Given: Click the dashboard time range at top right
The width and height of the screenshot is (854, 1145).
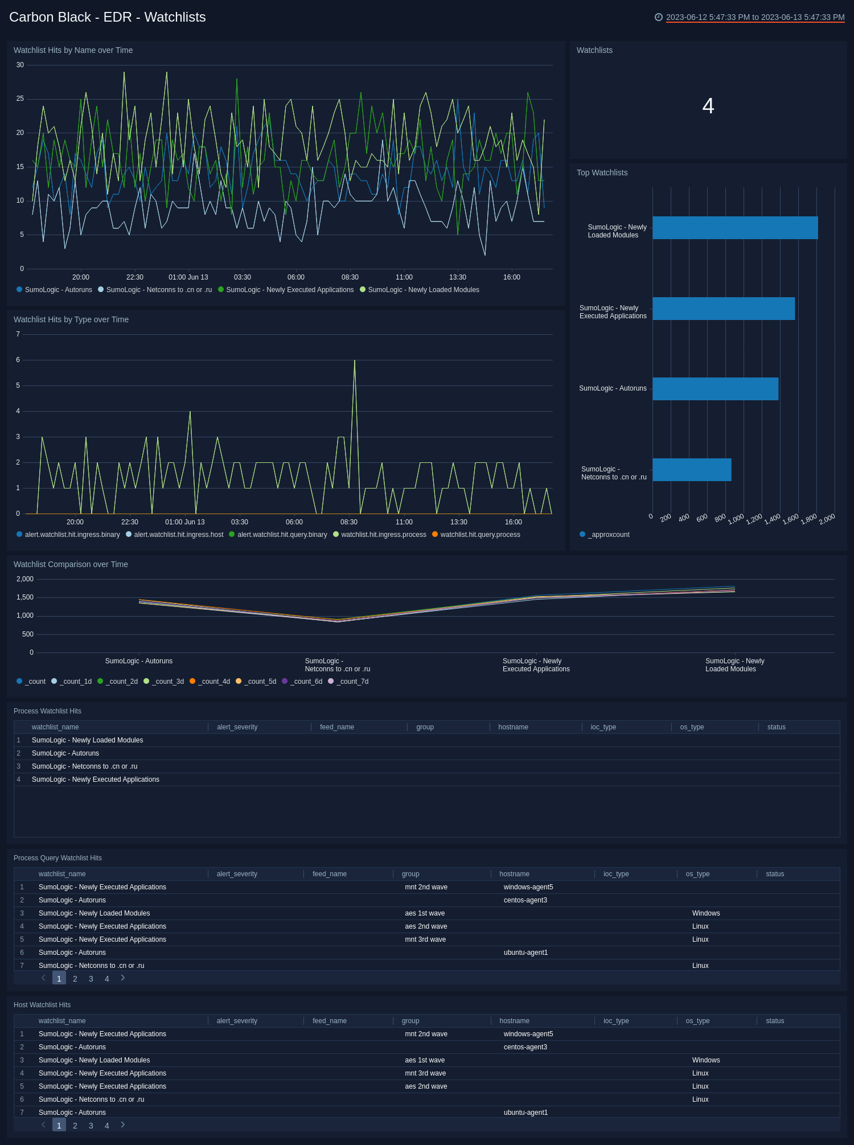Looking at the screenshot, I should pyautogui.click(x=754, y=17).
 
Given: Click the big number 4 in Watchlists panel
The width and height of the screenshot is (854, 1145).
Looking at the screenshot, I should pyautogui.click(x=708, y=106).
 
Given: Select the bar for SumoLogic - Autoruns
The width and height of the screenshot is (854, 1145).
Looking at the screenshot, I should pyautogui.click(x=715, y=389).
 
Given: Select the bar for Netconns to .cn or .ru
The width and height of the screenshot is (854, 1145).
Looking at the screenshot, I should pyautogui.click(x=692, y=470).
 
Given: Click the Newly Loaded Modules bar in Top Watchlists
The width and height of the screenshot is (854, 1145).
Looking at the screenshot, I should pyautogui.click(x=734, y=228).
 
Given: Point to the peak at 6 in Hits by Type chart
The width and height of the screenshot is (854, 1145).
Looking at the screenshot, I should pyautogui.click(x=355, y=361).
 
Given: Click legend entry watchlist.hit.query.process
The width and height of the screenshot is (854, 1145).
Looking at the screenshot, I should pyautogui.click(x=479, y=535).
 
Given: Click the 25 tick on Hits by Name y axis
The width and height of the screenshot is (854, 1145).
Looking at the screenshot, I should pyautogui.click(x=20, y=99).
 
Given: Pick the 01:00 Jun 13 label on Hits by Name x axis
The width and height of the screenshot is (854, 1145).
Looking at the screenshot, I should pyautogui.click(x=188, y=277).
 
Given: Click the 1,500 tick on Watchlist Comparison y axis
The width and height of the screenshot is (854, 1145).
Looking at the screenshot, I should pyautogui.click(x=25, y=597).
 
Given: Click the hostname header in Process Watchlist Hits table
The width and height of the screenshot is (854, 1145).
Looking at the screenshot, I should pyautogui.click(x=513, y=727).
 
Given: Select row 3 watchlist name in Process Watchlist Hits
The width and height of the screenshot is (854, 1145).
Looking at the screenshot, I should pyautogui.click(x=84, y=766).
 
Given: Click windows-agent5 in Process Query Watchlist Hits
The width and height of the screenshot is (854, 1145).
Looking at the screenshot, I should pyautogui.click(x=528, y=887).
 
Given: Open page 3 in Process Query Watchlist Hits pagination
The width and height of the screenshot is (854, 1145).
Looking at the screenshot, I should pyautogui.click(x=91, y=979).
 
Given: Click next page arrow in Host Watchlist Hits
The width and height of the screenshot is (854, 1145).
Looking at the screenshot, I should pyautogui.click(x=122, y=1125).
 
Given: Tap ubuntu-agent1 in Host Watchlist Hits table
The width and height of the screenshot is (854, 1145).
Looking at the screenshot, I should pyautogui.click(x=525, y=1113).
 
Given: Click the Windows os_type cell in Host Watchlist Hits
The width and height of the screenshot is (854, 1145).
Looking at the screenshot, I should pyautogui.click(x=705, y=1060).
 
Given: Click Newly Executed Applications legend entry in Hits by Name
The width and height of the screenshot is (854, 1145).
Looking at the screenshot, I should pyautogui.click(x=289, y=290).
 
